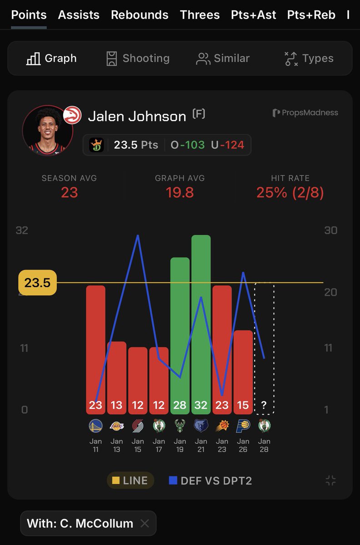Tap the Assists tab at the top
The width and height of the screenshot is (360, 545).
(79, 15)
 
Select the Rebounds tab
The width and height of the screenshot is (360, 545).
(140, 15)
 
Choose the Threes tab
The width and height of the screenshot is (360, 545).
(200, 15)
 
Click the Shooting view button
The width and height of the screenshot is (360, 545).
(137, 59)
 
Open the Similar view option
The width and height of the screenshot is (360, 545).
(223, 59)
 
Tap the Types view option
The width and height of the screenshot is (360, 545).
(309, 59)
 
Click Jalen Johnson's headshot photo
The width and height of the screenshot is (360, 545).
(47, 131)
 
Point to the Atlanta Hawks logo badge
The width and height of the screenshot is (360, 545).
(72, 115)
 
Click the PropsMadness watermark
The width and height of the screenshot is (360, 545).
(305, 113)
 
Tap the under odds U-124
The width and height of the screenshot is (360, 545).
(227, 145)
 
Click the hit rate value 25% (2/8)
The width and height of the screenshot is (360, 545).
(290, 193)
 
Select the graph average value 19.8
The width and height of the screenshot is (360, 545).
(180, 193)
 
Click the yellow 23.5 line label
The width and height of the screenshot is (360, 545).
(37, 282)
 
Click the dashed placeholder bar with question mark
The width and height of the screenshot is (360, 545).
(264, 348)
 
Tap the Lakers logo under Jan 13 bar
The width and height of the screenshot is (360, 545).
(117, 426)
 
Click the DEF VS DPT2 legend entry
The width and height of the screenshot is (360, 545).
(210, 481)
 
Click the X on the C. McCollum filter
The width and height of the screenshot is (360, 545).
(145, 523)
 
